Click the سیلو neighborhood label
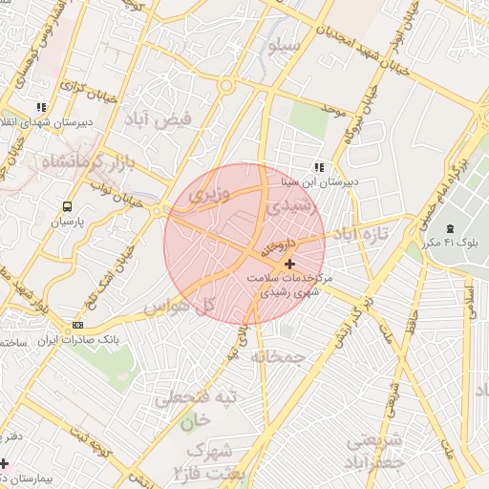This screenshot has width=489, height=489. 286,45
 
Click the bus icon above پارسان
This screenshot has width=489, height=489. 67,206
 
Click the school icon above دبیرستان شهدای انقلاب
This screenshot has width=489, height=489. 40,109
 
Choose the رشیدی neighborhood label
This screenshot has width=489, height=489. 287,205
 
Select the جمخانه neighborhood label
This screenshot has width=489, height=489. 277,356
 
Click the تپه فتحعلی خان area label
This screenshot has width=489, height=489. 183,408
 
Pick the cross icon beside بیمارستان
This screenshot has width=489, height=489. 5,462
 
